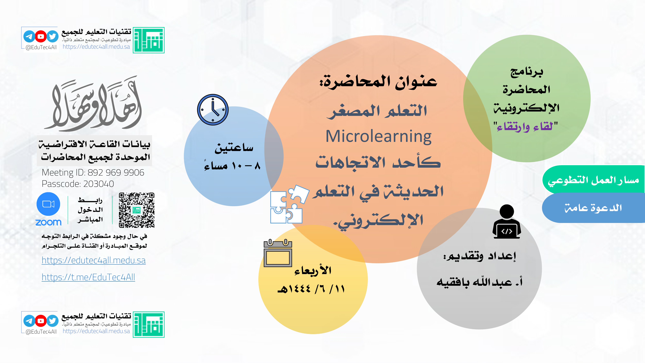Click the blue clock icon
(x=213, y=110)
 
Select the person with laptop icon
(x=507, y=222)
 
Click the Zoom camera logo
(x=48, y=204)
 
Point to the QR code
(x=136, y=210)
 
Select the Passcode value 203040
(x=99, y=184)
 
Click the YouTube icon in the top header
(x=41, y=37)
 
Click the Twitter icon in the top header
(x=52, y=37)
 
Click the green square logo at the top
(x=149, y=40)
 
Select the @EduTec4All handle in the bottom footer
(x=41, y=332)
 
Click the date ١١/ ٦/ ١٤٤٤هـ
(x=311, y=289)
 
